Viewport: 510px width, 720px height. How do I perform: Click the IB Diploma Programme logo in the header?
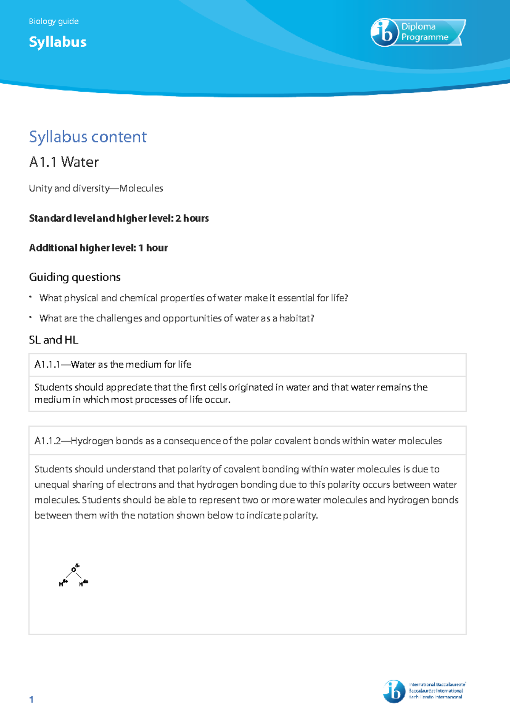pos(418,32)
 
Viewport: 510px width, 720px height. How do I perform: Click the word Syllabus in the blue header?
pos(58,42)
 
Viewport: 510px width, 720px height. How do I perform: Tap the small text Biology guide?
pos(54,21)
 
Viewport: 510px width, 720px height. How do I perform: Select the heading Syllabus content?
pos(88,137)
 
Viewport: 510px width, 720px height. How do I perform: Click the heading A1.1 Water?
pos(64,162)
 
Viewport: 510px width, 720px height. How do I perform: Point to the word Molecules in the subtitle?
pos(141,188)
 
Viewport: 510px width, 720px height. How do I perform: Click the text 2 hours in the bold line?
pos(192,218)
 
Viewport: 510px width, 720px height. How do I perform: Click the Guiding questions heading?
pos(75,277)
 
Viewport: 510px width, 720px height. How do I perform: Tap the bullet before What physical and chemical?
pos(31,297)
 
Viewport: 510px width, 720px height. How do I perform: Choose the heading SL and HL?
pos(54,340)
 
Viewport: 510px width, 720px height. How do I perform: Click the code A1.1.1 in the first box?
pos(47,365)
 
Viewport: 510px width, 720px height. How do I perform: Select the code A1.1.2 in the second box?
pos(47,441)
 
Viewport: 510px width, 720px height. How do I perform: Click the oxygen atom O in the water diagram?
pos(74,570)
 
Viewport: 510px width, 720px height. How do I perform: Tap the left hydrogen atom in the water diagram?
pos(61,584)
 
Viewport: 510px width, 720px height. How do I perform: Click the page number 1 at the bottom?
pos(31,700)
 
